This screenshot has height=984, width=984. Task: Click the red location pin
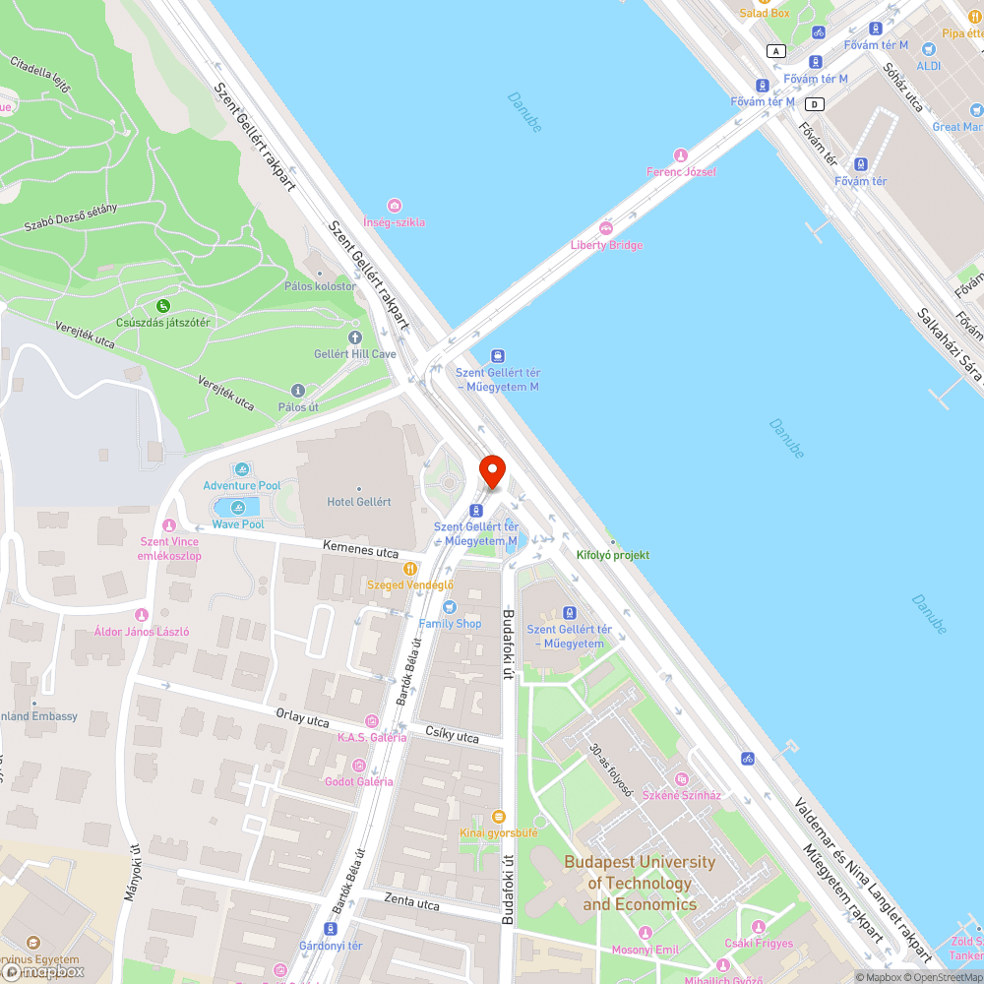(491, 471)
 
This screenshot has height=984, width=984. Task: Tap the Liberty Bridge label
(606, 244)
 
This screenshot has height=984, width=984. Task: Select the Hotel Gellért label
(358, 502)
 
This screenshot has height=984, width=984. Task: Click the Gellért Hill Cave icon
(354, 338)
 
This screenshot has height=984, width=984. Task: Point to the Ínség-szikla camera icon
(395, 206)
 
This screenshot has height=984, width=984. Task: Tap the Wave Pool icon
(237, 508)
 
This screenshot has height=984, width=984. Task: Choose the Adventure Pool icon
(242, 469)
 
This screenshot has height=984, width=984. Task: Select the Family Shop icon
(450, 607)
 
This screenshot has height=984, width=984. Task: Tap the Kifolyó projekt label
(612, 555)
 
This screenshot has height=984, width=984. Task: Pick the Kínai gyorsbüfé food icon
(498, 816)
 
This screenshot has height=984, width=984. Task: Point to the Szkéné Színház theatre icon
(681, 778)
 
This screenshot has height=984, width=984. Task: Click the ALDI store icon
(928, 49)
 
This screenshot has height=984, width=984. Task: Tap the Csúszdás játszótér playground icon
(163, 306)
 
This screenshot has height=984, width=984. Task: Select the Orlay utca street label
(302, 720)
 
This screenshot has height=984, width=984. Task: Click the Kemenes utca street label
(360, 551)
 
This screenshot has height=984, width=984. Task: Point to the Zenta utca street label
(413, 902)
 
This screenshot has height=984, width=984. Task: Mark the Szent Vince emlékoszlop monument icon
(169, 525)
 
